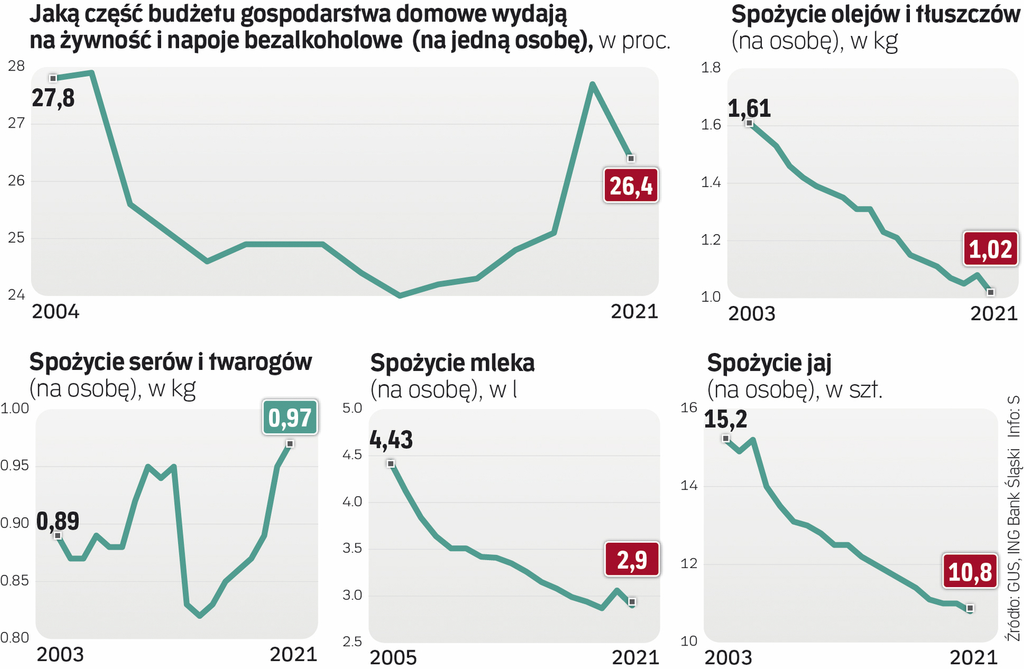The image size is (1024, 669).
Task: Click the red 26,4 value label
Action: tap(631, 185)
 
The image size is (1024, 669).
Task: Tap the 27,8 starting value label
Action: tap(53, 98)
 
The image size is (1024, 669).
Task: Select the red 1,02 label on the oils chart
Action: tap(990, 249)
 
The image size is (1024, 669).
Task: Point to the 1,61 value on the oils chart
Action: tap(749, 108)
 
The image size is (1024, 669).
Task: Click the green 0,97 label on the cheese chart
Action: tap(290, 418)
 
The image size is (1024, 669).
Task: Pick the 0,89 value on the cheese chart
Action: tap(58, 521)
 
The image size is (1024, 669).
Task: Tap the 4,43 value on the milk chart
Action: tap(391, 440)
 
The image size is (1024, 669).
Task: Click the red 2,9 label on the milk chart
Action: tap(632, 559)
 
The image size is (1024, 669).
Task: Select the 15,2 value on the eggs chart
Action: tap(726, 419)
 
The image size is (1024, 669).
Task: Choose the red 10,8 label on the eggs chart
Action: tap(970, 571)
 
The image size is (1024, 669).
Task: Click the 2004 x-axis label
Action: tap(56, 312)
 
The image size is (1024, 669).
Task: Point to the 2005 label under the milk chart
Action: tap(394, 657)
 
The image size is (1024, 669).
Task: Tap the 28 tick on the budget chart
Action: tap(16, 66)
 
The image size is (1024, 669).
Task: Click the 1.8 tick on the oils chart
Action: tap(711, 68)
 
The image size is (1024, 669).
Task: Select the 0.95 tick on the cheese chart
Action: tap(14, 465)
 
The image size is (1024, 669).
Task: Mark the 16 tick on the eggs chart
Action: tap(689, 408)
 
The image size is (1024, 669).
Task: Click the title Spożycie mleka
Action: tap(452, 363)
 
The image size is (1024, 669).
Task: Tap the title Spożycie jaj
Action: tap(769, 363)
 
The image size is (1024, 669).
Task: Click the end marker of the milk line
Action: tap(632, 601)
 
